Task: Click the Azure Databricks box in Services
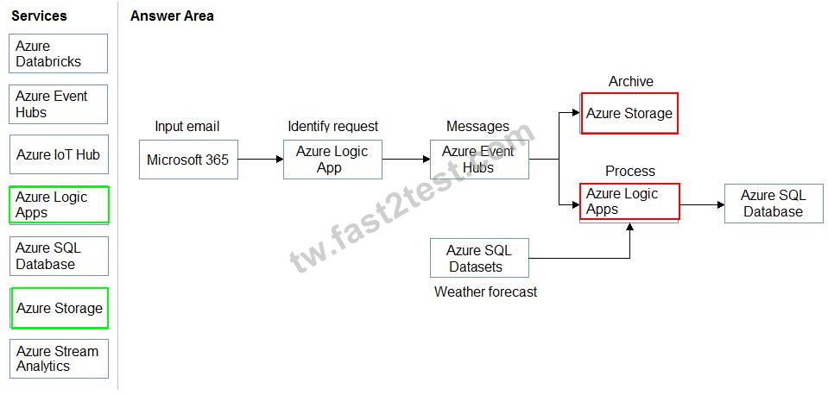[58, 53]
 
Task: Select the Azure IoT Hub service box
[59, 154]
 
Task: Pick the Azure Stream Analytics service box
[59, 359]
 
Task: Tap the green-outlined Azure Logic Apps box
[59, 205]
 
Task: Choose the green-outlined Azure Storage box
[59, 308]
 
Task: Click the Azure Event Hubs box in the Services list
[58, 104]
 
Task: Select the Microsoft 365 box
[188, 160]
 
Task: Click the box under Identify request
[332, 160]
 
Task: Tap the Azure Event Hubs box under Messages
[479, 160]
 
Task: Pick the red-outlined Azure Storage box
[629, 113]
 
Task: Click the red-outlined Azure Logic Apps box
[629, 202]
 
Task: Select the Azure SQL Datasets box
[479, 258]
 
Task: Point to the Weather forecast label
[485, 292]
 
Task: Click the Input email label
[187, 127]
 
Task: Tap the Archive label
[630, 81]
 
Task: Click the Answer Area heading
[172, 16]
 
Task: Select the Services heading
[39, 16]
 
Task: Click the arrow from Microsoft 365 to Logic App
[261, 159]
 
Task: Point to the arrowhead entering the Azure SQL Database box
[721, 204]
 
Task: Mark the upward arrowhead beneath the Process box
[629, 227]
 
